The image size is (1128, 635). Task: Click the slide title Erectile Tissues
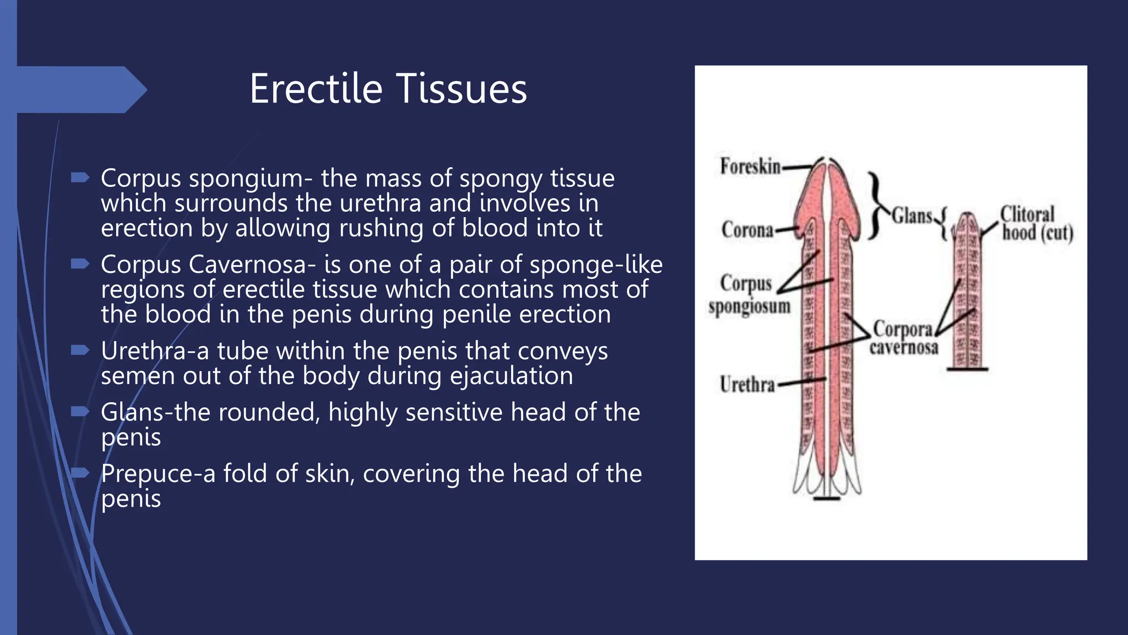388,89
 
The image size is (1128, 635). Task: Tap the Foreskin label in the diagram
750,166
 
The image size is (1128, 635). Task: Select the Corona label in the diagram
747,230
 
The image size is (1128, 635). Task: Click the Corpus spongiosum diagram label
749,295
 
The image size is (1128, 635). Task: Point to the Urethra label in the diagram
747,384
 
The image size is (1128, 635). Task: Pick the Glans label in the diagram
912,216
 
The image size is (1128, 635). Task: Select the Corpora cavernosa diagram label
903,337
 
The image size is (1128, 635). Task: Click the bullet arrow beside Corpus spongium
80,177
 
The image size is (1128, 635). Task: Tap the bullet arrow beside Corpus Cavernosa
80,264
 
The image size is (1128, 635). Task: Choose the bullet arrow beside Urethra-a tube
80,350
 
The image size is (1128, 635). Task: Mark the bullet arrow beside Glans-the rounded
80,411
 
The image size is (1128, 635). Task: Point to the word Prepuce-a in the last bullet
158,474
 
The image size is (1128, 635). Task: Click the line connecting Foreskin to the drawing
797,165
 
